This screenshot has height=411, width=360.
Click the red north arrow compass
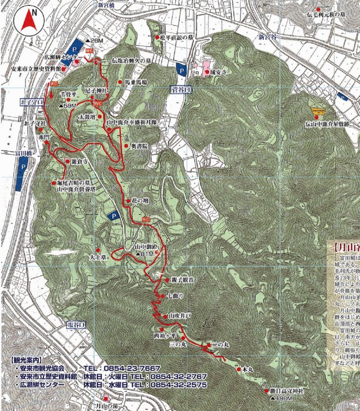(28, 21)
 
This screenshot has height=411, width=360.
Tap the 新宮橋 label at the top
(108, 5)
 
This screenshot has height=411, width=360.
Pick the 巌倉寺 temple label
(79, 163)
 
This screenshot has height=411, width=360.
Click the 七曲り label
(174, 295)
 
